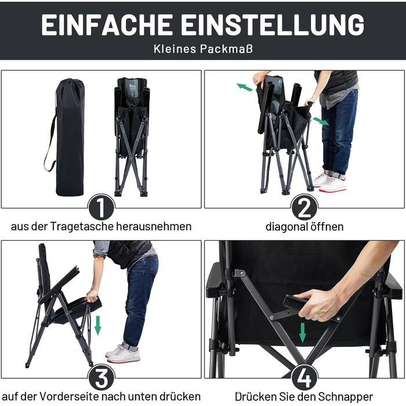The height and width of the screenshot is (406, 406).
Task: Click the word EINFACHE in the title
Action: point(107,24)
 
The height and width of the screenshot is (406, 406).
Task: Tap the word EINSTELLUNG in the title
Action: point(273,24)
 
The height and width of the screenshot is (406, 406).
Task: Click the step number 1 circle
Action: point(101,207)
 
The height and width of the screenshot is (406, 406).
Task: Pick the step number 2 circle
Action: point(304,207)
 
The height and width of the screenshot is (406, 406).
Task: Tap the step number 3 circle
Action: point(101,378)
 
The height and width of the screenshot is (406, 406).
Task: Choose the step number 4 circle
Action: point(304,378)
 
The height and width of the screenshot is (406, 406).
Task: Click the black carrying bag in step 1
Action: point(68,137)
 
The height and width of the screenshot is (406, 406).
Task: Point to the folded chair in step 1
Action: point(132,137)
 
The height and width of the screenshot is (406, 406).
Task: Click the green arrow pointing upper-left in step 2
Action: point(245,87)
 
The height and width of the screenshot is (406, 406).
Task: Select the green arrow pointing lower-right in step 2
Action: point(321,121)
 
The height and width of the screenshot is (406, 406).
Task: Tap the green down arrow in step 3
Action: point(97,325)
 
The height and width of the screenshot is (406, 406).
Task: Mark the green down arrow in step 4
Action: point(302,333)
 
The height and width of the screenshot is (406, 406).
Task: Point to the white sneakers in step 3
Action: point(123,353)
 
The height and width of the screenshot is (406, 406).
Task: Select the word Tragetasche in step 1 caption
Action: point(82,226)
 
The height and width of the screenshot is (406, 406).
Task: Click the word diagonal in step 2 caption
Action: point(284,227)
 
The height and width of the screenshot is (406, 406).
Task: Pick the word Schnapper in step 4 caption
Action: point(346,397)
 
